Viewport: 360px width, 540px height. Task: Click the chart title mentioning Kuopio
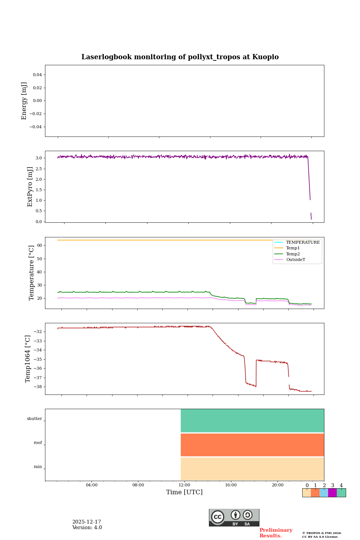(180, 57)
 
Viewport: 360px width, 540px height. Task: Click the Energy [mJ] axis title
(24, 101)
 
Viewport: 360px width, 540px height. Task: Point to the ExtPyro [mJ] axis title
(30, 187)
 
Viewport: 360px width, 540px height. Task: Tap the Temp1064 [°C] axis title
(28, 359)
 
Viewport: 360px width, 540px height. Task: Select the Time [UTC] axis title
(184, 492)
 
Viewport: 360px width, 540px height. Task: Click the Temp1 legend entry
(293, 248)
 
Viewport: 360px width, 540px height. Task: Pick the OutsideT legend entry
(295, 259)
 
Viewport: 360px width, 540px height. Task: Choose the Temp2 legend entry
(293, 254)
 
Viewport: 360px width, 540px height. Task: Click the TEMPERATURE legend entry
(303, 242)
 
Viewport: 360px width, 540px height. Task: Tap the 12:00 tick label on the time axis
(184, 485)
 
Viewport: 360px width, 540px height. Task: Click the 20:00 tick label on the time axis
(277, 485)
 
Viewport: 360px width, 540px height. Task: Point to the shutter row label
(34, 419)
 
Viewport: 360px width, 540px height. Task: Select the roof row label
(38, 443)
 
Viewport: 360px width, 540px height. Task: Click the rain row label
(38, 467)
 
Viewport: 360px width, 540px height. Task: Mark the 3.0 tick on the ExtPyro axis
(39, 158)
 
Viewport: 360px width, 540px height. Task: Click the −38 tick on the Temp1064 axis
(38, 387)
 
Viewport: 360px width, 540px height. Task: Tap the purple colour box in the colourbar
(332, 493)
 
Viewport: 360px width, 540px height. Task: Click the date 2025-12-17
(87, 522)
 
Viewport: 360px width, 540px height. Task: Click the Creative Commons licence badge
(234, 517)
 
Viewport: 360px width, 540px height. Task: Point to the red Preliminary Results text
(276, 533)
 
